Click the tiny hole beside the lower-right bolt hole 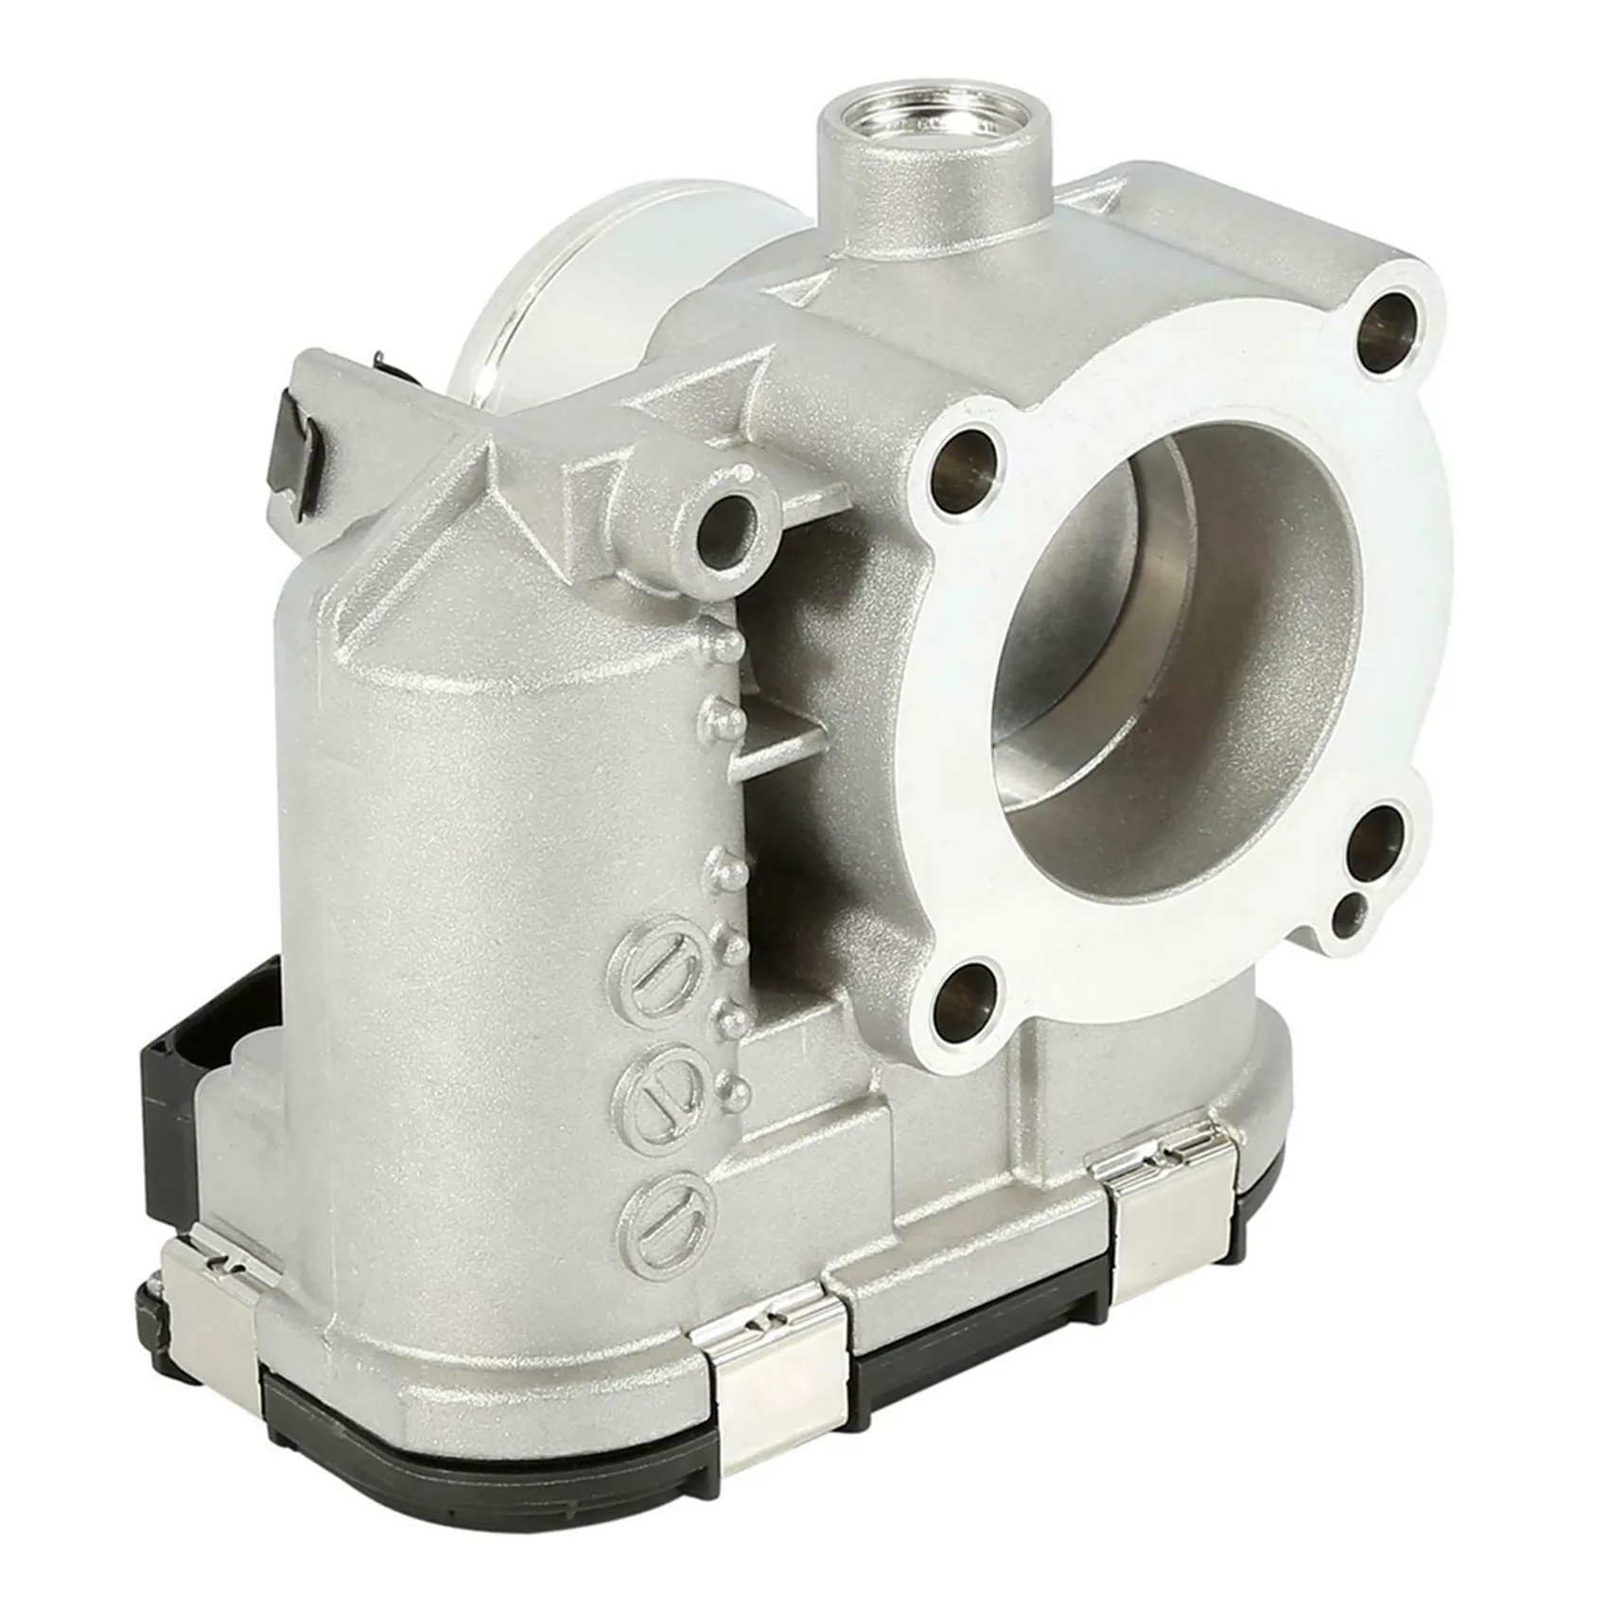pyautogui.click(x=1349, y=915)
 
